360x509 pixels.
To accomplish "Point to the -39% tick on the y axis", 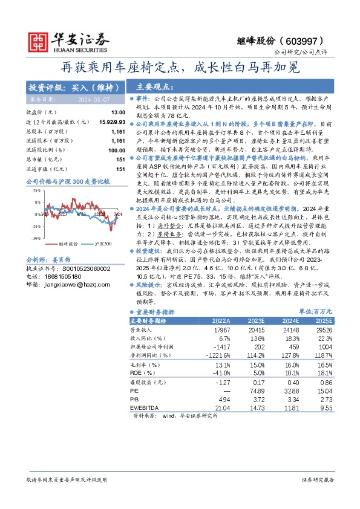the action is tap(36, 239).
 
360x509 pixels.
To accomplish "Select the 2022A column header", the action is tap(219, 320).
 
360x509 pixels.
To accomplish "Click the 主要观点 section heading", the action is tap(152, 86).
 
